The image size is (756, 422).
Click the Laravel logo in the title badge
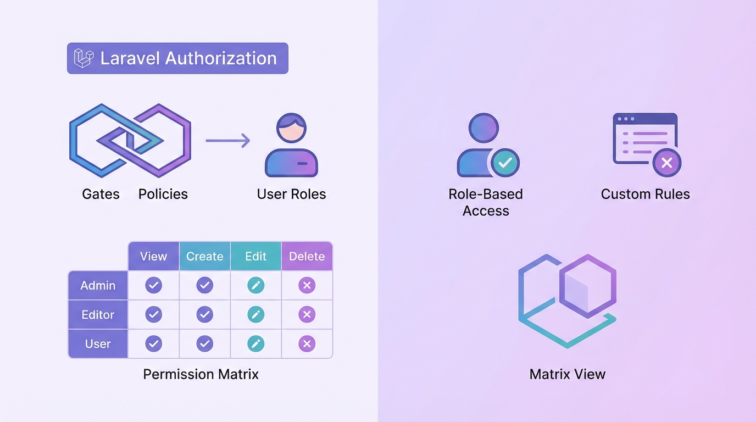click(84, 58)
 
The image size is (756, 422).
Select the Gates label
click(101, 194)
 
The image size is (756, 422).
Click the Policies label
click(163, 194)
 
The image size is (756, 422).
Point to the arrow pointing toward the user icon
click(227, 141)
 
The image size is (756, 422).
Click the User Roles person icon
click(291, 146)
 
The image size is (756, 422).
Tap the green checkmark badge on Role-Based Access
click(505, 162)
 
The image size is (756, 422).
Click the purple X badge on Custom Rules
click(666, 163)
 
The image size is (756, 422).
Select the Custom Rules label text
click(645, 194)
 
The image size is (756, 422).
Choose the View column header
click(153, 257)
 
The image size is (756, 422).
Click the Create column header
click(204, 257)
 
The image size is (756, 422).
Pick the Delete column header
click(307, 257)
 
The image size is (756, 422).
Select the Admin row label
click(98, 286)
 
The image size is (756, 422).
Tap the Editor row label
click(98, 315)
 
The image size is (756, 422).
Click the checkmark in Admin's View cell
click(153, 285)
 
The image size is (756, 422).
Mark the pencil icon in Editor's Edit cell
click(255, 314)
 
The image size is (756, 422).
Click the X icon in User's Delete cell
click(307, 344)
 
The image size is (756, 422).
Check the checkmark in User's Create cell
click(204, 344)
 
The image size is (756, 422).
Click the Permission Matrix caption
click(201, 374)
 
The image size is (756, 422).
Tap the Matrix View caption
click(567, 374)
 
